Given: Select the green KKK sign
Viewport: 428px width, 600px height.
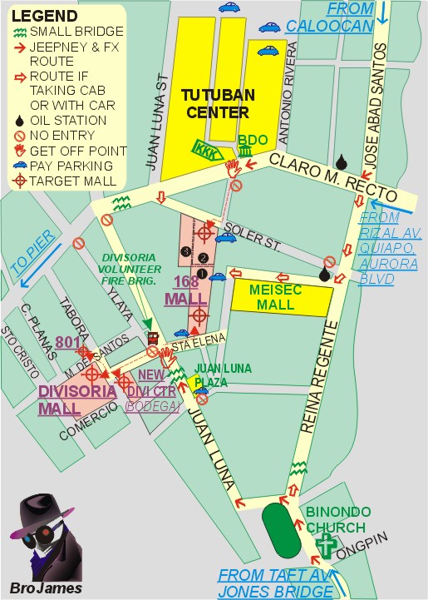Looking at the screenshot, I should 204,149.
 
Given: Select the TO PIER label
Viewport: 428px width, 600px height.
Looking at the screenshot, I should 32,254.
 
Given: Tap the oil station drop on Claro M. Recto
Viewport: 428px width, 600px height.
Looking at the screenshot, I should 340,161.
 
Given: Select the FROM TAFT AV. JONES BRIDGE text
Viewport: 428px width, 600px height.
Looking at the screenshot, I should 276,582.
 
